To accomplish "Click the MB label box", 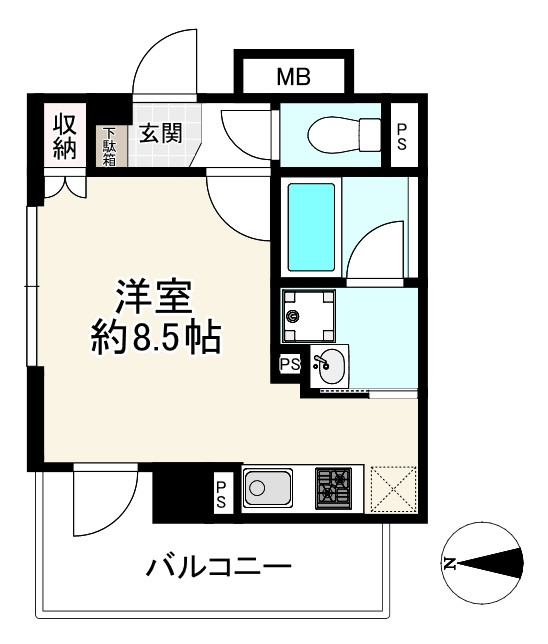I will tap(293, 75).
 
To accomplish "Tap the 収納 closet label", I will tap(66, 136).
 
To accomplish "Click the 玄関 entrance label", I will tap(160, 133).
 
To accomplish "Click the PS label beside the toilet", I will tap(402, 135).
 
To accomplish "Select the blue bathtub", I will tap(311, 226).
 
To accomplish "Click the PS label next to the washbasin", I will tap(290, 364).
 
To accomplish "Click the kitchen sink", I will tap(267, 490).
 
